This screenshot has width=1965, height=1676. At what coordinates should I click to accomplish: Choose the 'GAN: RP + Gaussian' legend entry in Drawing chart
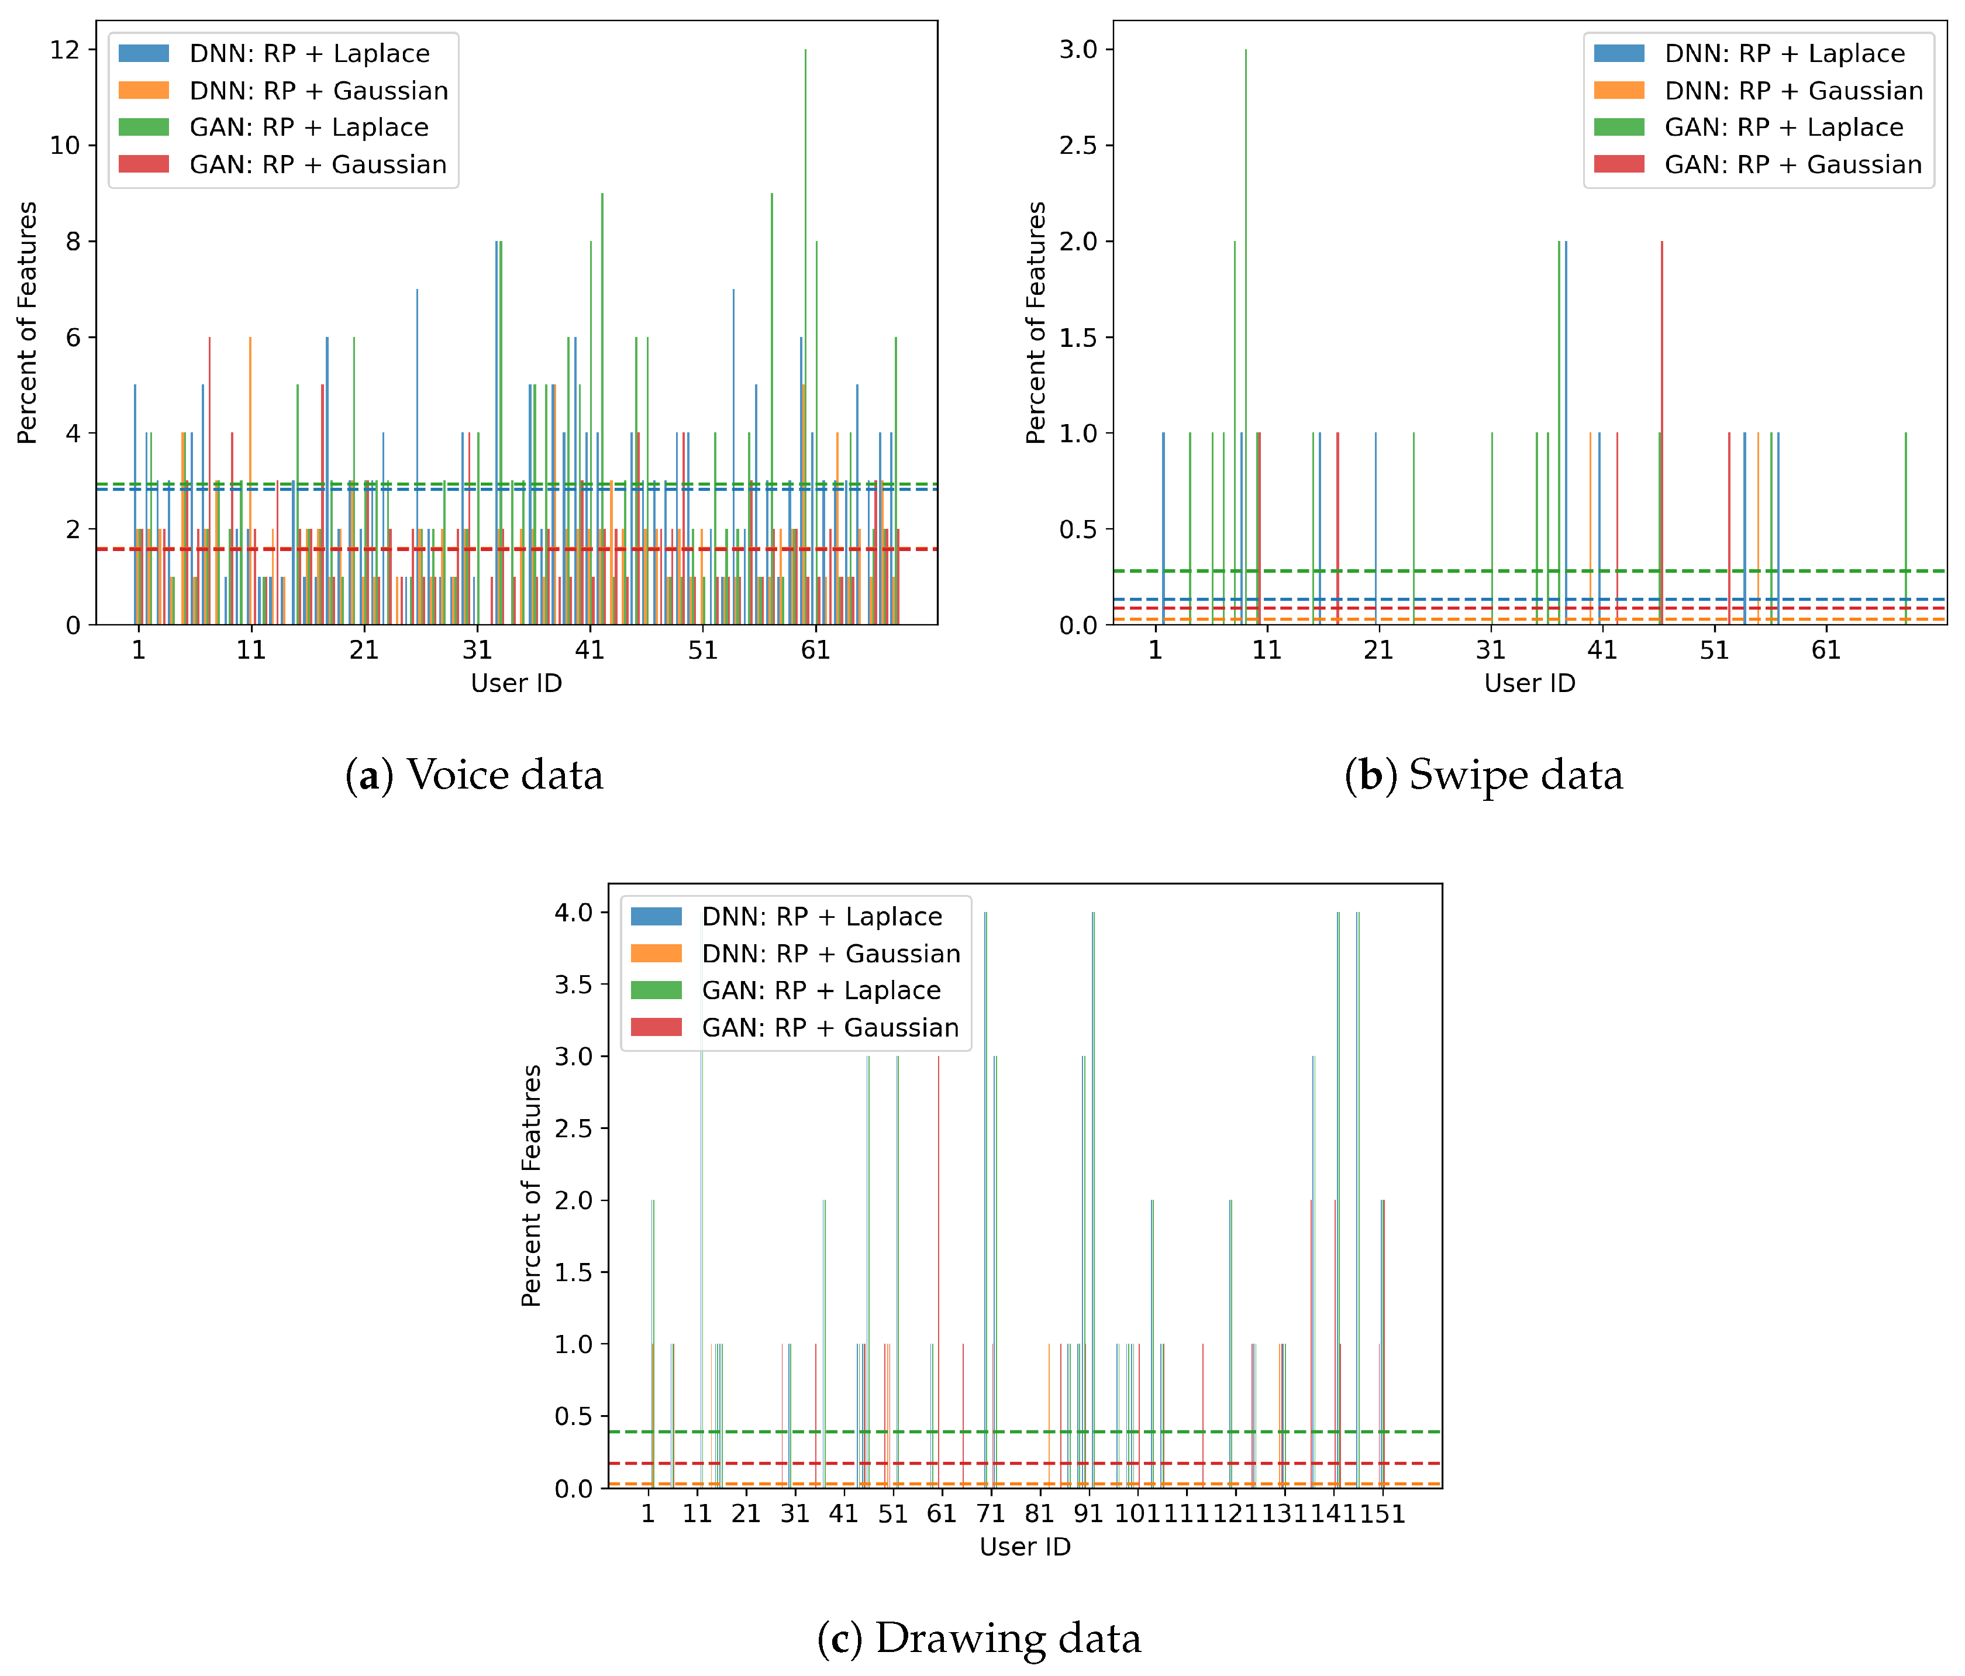pyautogui.click(x=830, y=1027)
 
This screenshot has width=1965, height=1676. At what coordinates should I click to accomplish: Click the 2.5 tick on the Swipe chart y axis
pyautogui.click(x=1078, y=145)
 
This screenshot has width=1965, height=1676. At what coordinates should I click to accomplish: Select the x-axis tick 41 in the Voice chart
pyautogui.click(x=590, y=650)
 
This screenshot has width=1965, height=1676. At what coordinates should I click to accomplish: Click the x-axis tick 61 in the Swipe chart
pyautogui.click(x=1826, y=650)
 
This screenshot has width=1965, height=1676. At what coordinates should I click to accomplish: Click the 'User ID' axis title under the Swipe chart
pyautogui.click(x=1529, y=683)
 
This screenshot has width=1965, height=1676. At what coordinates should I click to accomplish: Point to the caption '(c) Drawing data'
pyautogui.click(x=979, y=1638)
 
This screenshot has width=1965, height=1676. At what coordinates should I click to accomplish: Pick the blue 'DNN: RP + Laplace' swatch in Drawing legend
pyautogui.click(x=656, y=916)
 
